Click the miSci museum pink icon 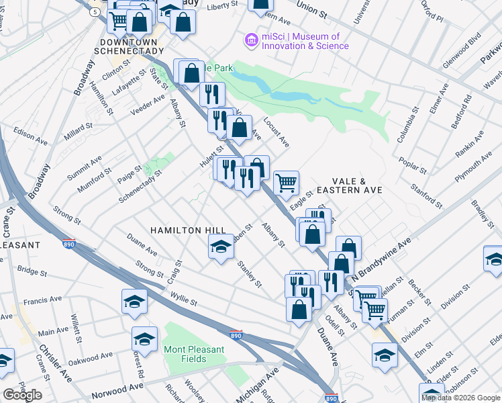[252, 41]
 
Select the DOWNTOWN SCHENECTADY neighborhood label [125, 44]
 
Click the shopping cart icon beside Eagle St [287, 182]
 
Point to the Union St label [311, 13]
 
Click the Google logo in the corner [23, 395]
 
